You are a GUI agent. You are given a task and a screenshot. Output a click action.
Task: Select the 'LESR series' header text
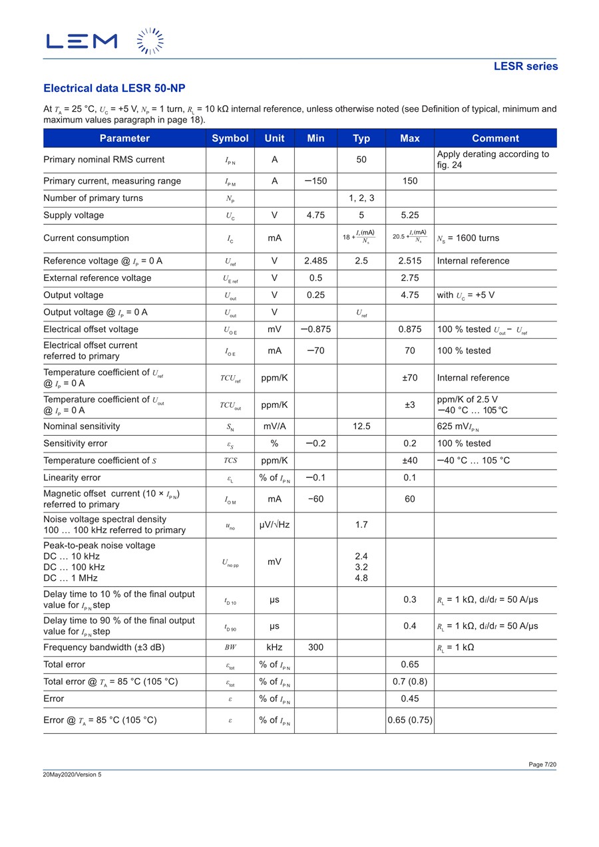coord(525,66)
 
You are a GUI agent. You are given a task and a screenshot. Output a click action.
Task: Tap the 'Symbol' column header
coord(230,138)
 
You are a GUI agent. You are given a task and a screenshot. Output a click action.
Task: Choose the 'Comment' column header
coord(495,138)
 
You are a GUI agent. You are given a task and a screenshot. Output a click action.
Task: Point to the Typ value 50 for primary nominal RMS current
coord(361,160)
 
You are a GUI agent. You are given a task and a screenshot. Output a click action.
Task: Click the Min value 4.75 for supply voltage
coord(315,216)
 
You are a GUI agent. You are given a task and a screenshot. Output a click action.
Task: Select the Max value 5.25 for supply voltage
coord(410,216)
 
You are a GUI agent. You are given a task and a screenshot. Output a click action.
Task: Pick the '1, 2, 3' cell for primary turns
coord(361,198)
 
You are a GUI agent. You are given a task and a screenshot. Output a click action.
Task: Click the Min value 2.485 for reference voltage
coord(315,261)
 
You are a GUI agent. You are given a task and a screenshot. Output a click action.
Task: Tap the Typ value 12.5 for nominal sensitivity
coord(361,426)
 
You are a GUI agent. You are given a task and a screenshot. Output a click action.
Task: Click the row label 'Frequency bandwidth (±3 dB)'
coord(104,647)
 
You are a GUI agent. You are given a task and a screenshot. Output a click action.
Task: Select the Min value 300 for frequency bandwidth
coord(315,647)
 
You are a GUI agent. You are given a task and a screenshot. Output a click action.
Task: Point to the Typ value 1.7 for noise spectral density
coord(361,525)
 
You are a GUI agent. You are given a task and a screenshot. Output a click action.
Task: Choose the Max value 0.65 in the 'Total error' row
coord(410,665)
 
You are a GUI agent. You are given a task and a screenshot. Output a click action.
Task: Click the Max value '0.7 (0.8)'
coord(410,681)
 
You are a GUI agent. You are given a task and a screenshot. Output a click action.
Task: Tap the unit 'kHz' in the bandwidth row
coord(274,647)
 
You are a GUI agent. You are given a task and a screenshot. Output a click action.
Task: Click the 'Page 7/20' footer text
coord(542,764)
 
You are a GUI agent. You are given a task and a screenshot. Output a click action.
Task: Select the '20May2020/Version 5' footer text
coord(73,774)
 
